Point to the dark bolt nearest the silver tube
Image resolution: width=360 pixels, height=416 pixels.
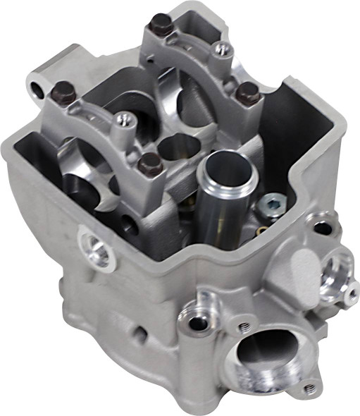pos(149,165)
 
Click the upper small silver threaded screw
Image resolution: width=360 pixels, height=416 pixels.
pos(223,49)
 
